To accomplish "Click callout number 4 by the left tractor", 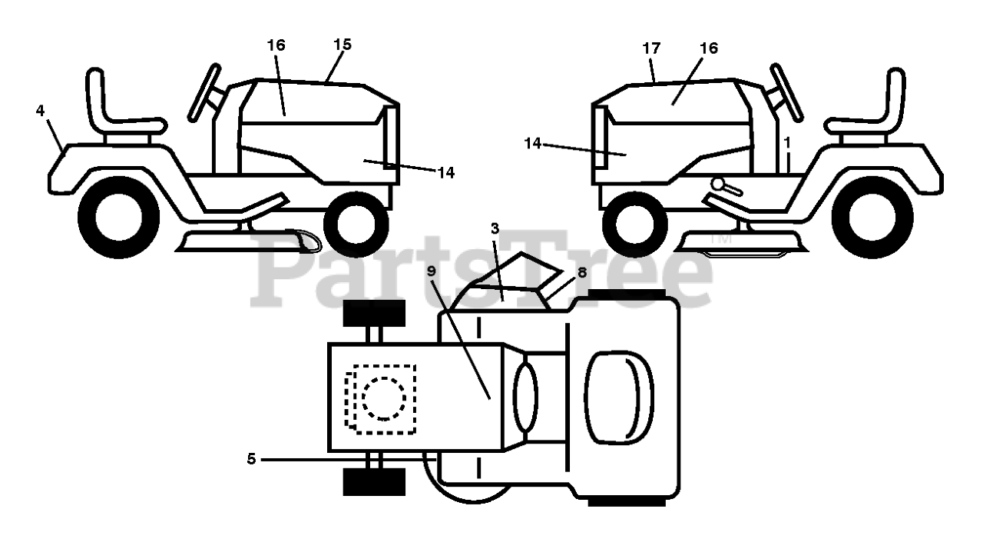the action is click(40, 111).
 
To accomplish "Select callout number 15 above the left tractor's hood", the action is click(343, 45).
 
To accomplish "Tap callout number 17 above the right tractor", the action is click(651, 48).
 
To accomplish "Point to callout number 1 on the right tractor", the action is click(787, 142).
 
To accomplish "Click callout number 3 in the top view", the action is click(495, 228).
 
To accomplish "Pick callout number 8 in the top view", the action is click(582, 271).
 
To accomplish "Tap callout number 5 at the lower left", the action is click(251, 459).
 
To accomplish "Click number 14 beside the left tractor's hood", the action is click(445, 173).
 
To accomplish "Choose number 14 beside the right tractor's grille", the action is click(534, 142).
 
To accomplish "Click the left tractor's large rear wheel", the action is click(118, 217).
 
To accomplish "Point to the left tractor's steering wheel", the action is click(205, 92).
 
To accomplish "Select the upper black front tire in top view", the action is click(373, 314).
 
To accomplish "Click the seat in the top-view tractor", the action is click(618, 398).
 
